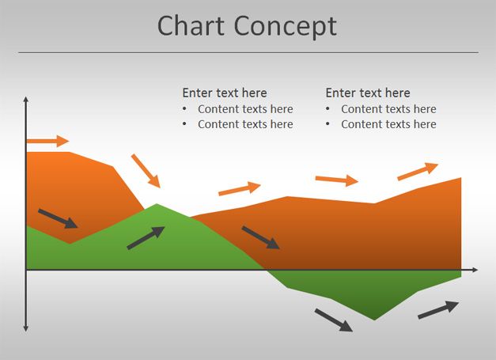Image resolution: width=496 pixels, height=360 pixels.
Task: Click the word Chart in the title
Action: click(x=191, y=25)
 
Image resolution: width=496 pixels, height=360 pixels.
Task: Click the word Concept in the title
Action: click(x=286, y=27)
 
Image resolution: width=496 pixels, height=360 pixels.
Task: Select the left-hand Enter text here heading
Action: click(x=225, y=93)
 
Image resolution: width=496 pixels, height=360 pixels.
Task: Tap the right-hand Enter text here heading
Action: click(x=368, y=93)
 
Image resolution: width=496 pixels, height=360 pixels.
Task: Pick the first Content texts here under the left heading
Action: click(x=245, y=109)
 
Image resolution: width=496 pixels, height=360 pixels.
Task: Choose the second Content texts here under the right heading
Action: click(x=388, y=124)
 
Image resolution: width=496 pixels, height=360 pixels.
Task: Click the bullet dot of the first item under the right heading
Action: click(x=328, y=109)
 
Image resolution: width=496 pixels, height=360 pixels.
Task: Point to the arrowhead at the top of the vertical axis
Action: click(x=26, y=100)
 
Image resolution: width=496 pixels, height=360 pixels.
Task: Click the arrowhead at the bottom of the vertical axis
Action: click(x=26, y=328)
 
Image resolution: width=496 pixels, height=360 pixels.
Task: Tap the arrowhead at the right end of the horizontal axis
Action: click(x=475, y=270)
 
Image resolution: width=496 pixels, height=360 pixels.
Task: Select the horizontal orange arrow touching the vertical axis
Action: click(x=47, y=141)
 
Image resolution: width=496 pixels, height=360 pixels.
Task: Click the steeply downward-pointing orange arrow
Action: click(x=146, y=171)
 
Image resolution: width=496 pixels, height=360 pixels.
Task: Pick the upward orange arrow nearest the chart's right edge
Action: click(x=418, y=172)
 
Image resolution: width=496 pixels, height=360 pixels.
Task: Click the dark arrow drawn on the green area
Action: click(x=146, y=237)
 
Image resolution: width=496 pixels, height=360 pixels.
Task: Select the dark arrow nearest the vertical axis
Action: click(x=58, y=218)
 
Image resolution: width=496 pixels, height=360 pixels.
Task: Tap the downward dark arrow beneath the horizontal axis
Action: click(x=334, y=320)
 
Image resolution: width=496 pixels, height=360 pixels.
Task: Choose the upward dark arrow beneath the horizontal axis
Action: click(x=438, y=310)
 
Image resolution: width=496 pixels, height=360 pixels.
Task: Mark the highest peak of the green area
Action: click(x=157, y=204)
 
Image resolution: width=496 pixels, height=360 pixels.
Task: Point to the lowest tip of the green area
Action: click(x=375, y=320)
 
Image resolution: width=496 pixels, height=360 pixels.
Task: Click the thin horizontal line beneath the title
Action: click(x=248, y=52)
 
